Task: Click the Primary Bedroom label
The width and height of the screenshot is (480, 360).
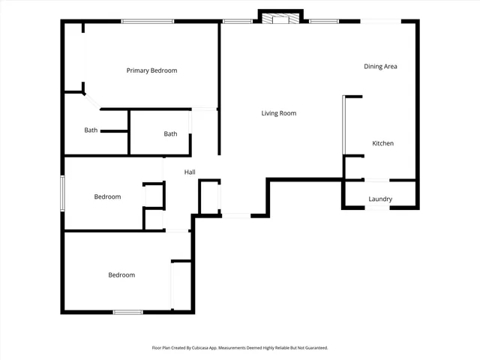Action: pyautogui.click(x=151, y=70)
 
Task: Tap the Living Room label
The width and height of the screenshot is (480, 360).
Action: pyautogui.click(x=278, y=113)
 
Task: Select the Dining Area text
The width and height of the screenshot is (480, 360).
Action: pyautogui.click(x=380, y=67)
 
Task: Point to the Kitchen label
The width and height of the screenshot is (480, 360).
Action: pyautogui.click(x=382, y=143)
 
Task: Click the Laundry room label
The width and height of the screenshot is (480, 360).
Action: pyautogui.click(x=380, y=199)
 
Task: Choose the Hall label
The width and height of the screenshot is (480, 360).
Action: pyautogui.click(x=190, y=172)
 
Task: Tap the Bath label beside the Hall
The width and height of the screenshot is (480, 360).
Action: pyautogui.click(x=171, y=134)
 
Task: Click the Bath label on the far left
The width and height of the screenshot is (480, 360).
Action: pyautogui.click(x=91, y=130)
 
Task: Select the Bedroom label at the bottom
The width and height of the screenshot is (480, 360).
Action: pyautogui.click(x=121, y=275)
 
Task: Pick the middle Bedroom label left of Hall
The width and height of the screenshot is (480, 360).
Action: pyautogui.click(x=107, y=197)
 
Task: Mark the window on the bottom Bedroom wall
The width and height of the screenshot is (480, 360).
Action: pyautogui.click(x=127, y=311)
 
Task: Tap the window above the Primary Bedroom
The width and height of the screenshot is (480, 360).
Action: pyautogui.click(x=143, y=21)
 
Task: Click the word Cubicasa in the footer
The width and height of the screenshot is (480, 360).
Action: pyautogui.click(x=203, y=348)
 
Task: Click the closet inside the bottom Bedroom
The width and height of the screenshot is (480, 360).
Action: pyautogui.click(x=181, y=284)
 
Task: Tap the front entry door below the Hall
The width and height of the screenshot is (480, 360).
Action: pyautogui.click(x=235, y=216)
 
